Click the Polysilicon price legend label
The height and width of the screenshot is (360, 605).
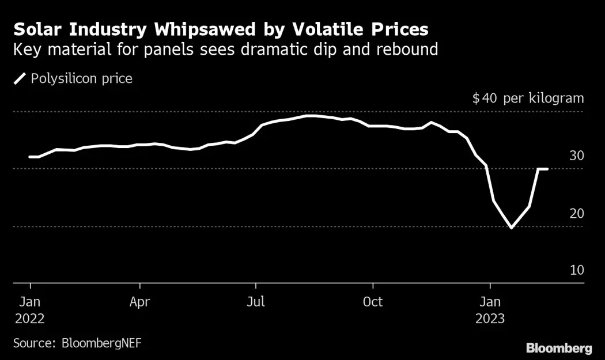pyautogui.click(x=81, y=78)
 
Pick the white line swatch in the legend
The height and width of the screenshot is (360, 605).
pyautogui.click(x=20, y=78)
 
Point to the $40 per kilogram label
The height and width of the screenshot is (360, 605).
pyautogui.click(x=528, y=98)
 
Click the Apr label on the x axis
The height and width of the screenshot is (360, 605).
pyautogui.click(x=140, y=301)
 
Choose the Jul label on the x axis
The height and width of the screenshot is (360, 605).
pyautogui.click(x=256, y=301)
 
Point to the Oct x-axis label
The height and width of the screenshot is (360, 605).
pyautogui.click(x=373, y=301)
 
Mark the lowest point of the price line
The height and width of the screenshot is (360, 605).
pyautogui.click(x=511, y=228)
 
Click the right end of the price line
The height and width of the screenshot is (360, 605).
pyautogui.click(x=547, y=169)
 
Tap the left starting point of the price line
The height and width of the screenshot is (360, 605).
pyautogui.click(x=30, y=157)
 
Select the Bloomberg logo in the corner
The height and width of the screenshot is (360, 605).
pyautogui.click(x=558, y=348)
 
